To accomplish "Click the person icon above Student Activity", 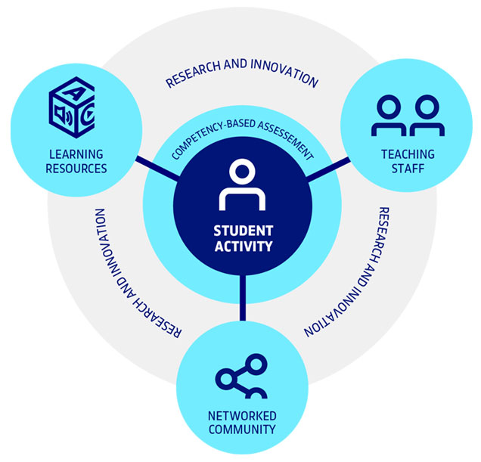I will [241, 185].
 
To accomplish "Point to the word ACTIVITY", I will [241, 247].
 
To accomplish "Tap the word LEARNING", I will [76, 154].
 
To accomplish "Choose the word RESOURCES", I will [76, 168].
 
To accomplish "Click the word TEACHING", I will [408, 154].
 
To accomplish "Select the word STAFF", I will [408, 168].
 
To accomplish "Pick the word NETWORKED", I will [241, 417].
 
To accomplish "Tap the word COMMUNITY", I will [241, 430].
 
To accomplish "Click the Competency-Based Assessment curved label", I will [241, 136].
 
